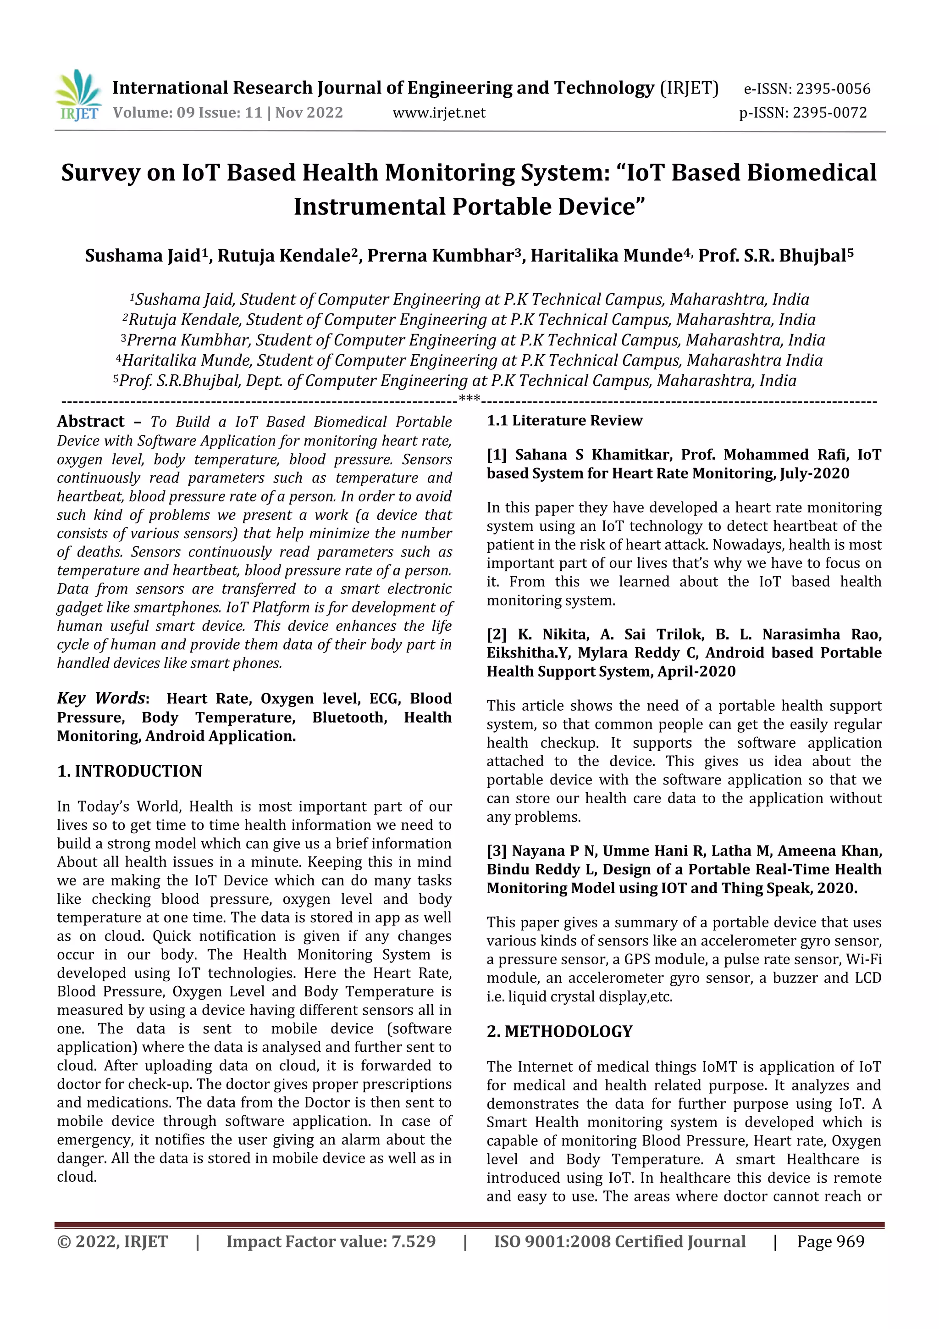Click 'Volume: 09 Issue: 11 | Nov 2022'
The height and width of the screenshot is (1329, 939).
point(228,112)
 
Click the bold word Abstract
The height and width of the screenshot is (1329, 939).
point(90,422)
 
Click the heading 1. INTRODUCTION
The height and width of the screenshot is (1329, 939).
point(130,771)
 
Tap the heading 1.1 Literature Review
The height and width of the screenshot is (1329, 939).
point(564,420)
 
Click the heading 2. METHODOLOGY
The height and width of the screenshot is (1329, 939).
point(559,1031)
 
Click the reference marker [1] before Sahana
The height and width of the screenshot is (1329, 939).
point(497,455)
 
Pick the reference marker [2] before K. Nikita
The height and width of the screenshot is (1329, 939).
point(497,634)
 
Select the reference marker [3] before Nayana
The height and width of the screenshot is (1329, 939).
point(497,851)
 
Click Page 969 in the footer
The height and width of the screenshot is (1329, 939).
point(830,1241)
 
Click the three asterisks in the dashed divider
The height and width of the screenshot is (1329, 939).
point(469,398)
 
